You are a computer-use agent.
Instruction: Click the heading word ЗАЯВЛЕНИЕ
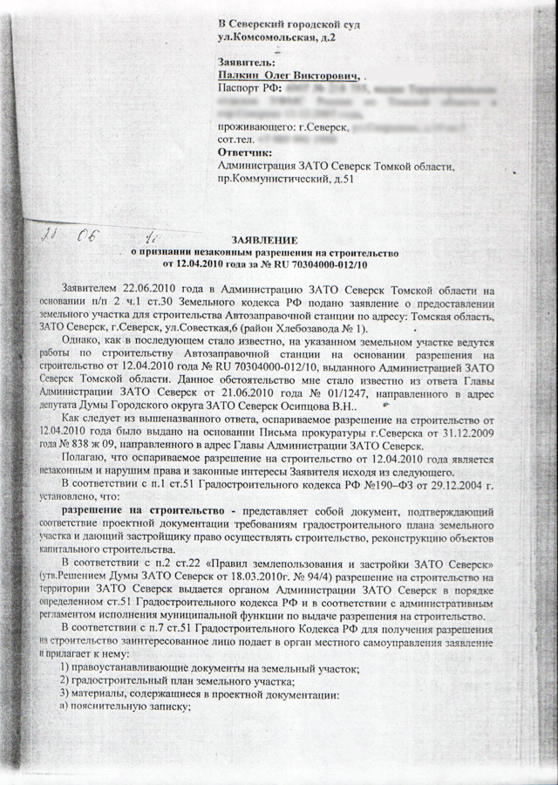264,240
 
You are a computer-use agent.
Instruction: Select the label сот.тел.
237,140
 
